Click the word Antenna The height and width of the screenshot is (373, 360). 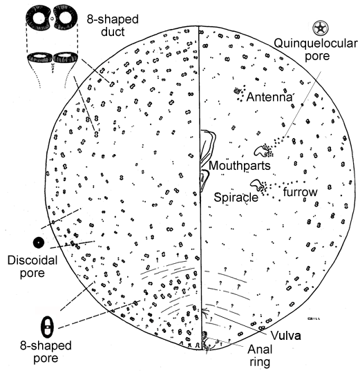click(x=269, y=97)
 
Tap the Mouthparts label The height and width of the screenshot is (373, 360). click(x=240, y=166)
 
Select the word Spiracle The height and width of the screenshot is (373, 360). click(x=236, y=197)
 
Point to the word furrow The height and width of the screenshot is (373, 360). click(x=301, y=192)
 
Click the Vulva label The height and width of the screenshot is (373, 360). click(x=286, y=336)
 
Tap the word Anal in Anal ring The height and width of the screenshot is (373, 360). click(x=260, y=350)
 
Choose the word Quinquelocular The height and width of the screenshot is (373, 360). click(x=316, y=44)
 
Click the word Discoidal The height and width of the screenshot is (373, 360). click(x=32, y=260)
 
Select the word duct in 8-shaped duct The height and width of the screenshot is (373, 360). click(x=113, y=32)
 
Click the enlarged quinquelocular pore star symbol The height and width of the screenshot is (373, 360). click(x=321, y=28)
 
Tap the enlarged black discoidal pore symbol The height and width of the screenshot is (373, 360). click(x=39, y=242)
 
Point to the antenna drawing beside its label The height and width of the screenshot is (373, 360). click(x=237, y=90)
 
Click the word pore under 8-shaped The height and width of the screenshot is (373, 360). click(x=46, y=358)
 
